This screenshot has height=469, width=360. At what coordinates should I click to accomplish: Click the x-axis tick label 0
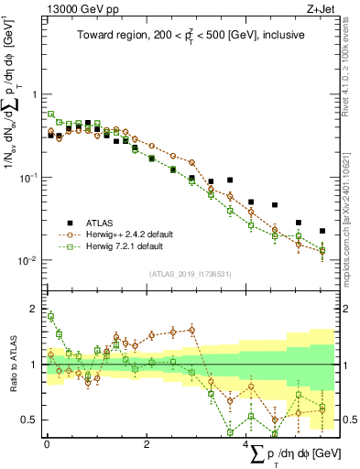47,443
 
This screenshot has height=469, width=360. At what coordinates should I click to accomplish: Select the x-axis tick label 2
147,443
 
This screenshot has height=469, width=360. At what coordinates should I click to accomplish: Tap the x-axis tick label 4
246,443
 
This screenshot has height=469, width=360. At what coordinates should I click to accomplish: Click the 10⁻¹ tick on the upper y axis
29,177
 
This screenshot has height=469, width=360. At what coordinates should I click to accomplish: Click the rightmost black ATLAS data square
322,231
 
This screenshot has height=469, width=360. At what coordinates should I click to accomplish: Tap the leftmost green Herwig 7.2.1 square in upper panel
51,115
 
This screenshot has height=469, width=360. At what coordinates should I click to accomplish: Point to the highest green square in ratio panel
51,317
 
